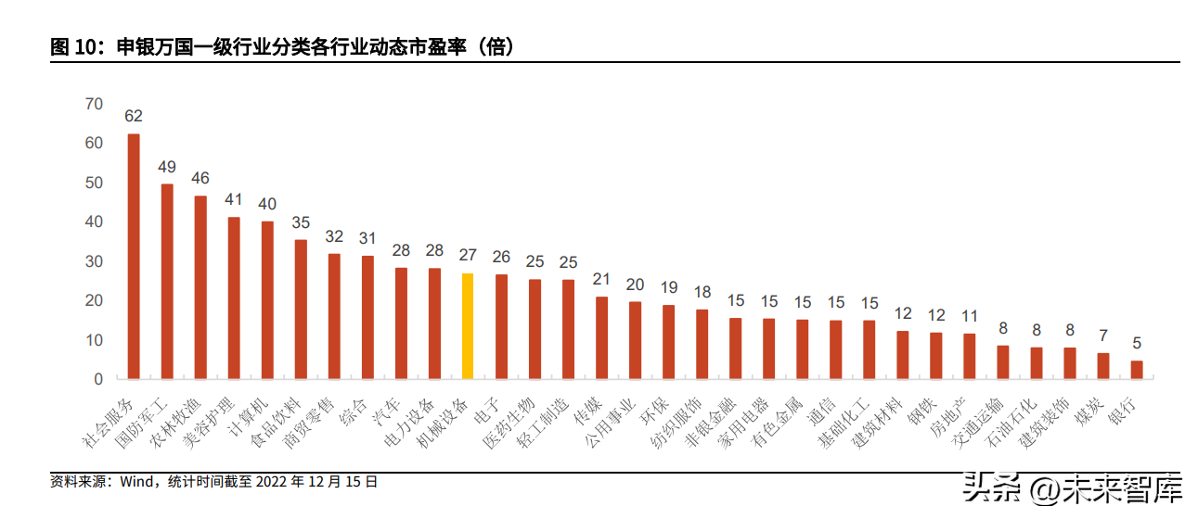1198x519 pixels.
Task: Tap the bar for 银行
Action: [1137, 370]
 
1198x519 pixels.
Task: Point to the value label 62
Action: [134, 117]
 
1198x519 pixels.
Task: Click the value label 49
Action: [167, 168]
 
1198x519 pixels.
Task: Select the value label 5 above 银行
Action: [1137, 342]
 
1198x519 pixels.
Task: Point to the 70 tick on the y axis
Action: [93, 104]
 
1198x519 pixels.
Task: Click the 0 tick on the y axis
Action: [97, 379]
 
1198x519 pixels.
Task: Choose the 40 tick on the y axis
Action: [93, 222]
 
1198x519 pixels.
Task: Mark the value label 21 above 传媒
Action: [601, 279]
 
